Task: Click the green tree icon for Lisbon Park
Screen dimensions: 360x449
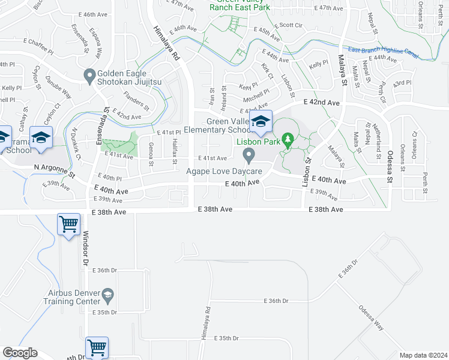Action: (x=288, y=141)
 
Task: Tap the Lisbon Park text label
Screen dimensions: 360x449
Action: (x=258, y=142)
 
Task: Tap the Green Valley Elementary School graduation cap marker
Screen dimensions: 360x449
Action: (x=261, y=121)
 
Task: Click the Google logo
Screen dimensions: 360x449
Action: (x=20, y=353)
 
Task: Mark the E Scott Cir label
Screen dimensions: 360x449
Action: (x=290, y=25)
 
